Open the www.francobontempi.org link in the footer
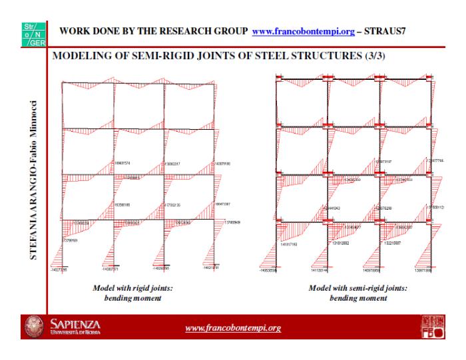tap(232, 328)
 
